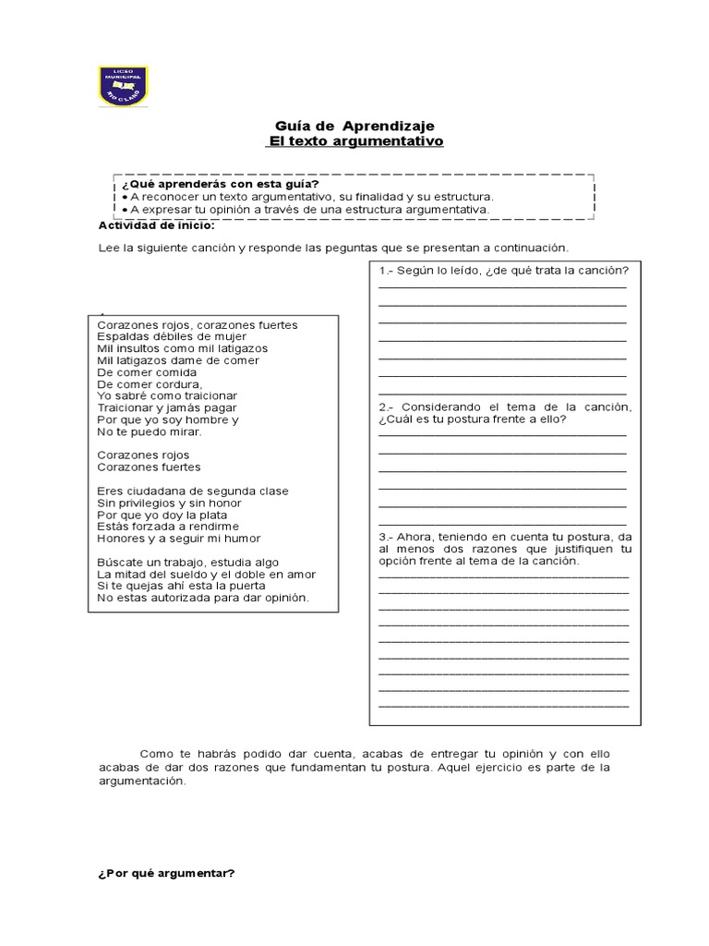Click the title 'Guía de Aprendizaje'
[x=354, y=125]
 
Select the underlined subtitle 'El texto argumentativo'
[x=354, y=141]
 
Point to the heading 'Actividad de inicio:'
[x=156, y=224]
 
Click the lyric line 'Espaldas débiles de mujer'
[x=172, y=337]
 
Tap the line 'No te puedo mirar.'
[x=149, y=431]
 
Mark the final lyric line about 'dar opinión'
[x=202, y=598]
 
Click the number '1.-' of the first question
[x=387, y=270]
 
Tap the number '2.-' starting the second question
[x=387, y=407]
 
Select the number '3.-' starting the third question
[x=387, y=537]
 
